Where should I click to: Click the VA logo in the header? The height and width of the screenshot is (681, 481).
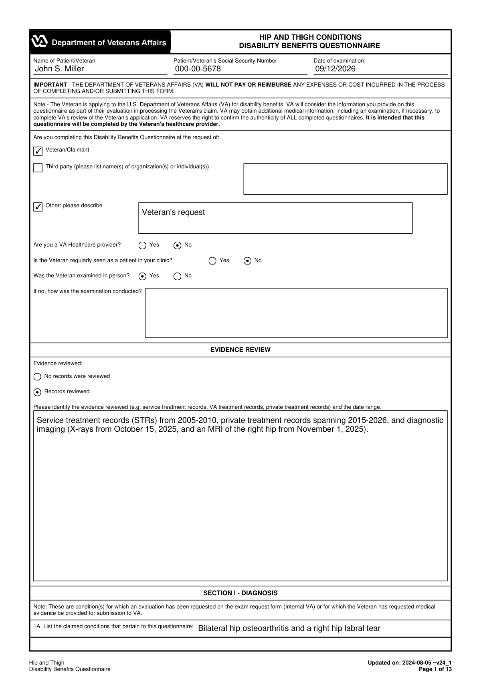pyautogui.click(x=40, y=42)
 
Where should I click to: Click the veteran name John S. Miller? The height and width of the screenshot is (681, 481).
pyautogui.click(x=60, y=69)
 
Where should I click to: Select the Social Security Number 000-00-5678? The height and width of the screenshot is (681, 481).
pyautogui.click(x=198, y=69)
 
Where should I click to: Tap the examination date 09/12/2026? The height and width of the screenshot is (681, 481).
pyautogui.click(x=335, y=69)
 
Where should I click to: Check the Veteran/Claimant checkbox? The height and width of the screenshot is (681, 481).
pyautogui.click(x=38, y=151)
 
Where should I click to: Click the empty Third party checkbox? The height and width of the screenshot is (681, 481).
pyautogui.click(x=38, y=168)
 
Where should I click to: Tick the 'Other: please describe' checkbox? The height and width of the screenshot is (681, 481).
pyautogui.click(x=38, y=207)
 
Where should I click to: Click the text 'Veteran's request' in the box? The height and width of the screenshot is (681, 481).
pyautogui.click(x=173, y=212)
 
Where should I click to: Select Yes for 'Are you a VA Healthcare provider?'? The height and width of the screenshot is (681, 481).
pyautogui.click(x=142, y=245)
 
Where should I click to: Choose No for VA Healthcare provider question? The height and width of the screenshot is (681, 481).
pyautogui.click(x=178, y=245)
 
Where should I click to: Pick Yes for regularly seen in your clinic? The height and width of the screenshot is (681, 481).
pyautogui.click(x=212, y=261)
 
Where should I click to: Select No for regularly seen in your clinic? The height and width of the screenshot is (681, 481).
pyautogui.click(x=248, y=261)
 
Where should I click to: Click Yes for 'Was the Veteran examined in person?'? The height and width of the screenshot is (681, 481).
pyautogui.click(x=142, y=276)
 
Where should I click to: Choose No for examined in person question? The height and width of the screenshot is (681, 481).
pyautogui.click(x=178, y=276)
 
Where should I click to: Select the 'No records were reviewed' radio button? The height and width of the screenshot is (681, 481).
pyautogui.click(x=37, y=377)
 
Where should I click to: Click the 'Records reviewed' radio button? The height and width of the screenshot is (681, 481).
pyautogui.click(x=37, y=392)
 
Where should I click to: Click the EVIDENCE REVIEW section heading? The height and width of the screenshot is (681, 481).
pyautogui.click(x=240, y=350)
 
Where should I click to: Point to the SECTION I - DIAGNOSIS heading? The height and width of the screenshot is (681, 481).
pyautogui.click(x=240, y=593)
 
